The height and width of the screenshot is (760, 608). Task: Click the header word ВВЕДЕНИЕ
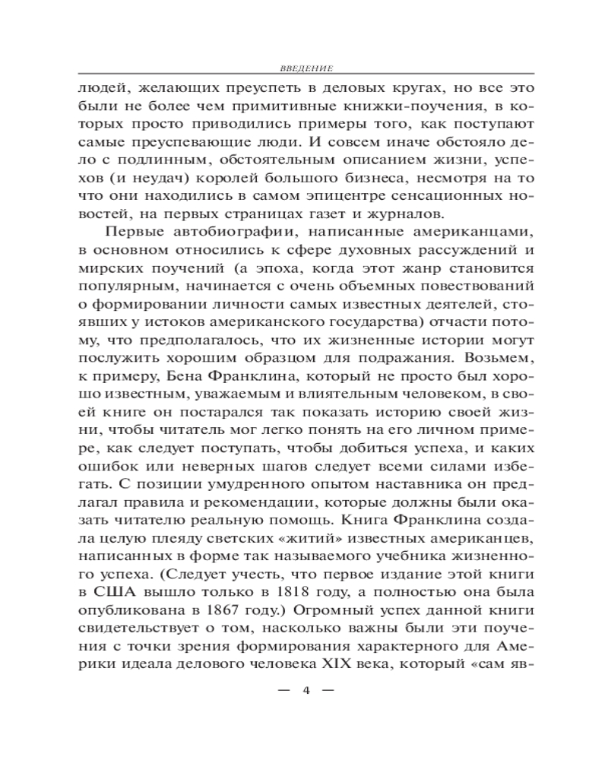click(x=302, y=67)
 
